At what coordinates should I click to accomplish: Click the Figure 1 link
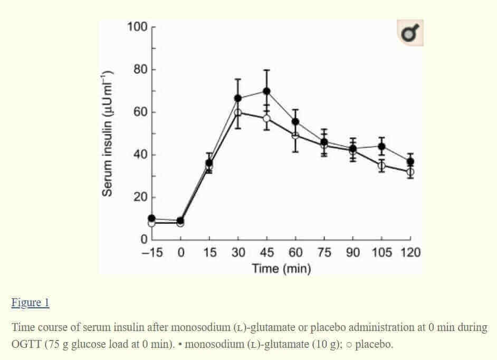(30, 303)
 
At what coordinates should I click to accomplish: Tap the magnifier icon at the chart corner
(410, 34)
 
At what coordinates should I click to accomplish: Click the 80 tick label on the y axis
(139, 70)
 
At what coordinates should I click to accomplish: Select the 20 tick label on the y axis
(139, 198)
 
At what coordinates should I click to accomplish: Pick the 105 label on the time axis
(381, 253)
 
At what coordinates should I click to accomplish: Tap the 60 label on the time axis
(295, 253)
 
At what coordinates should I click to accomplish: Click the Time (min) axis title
(281, 269)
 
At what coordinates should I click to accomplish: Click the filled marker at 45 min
(267, 91)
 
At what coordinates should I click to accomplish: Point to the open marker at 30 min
(238, 112)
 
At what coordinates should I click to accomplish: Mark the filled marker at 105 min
(381, 147)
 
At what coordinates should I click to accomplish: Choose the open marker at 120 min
(410, 172)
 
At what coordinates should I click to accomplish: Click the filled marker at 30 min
(238, 98)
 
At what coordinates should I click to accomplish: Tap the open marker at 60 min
(295, 135)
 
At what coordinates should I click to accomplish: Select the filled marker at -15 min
(152, 218)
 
